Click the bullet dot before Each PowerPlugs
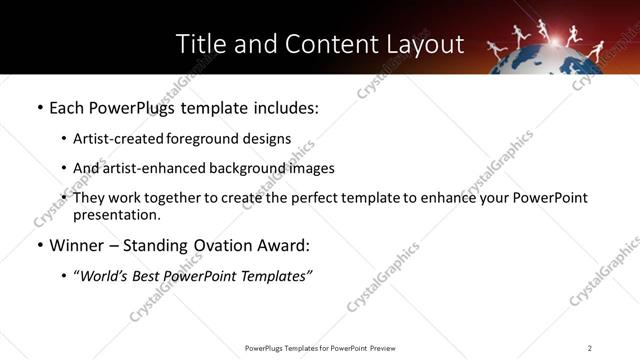39,107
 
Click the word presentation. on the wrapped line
116,214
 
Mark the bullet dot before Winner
39,245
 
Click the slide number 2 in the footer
590,347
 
